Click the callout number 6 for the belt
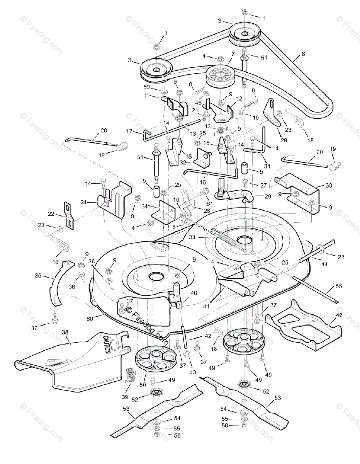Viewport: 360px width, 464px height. [303, 54]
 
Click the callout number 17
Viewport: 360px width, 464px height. [129, 131]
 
